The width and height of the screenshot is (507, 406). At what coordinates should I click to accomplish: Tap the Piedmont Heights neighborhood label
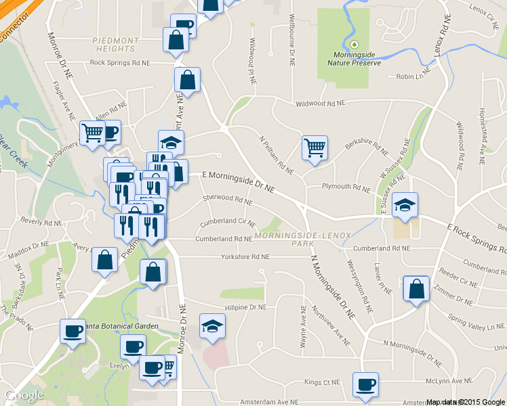[x=106, y=44]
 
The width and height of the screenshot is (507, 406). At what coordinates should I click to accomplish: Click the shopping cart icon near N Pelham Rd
[x=315, y=147]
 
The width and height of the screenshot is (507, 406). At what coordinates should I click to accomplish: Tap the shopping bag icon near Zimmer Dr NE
[x=415, y=289]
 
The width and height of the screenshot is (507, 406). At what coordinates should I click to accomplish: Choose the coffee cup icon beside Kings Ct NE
[x=366, y=384]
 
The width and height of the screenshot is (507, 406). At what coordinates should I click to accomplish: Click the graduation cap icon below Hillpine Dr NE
[x=212, y=327]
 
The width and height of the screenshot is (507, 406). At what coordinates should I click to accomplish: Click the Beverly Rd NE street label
[x=41, y=221]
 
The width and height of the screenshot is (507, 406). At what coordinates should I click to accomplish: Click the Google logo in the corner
[x=24, y=395]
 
